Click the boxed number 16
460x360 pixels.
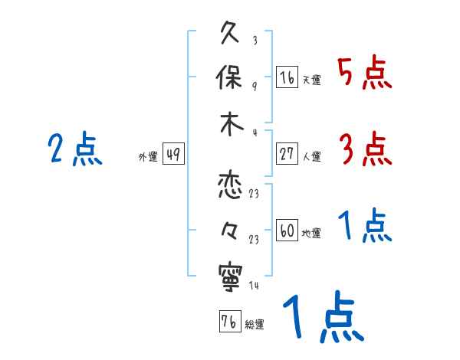pyautogui.click(x=287, y=77)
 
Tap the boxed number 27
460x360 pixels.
pyautogui.click(x=287, y=154)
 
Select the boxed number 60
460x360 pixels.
pyautogui.click(x=287, y=231)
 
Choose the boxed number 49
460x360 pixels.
pyautogui.click(x=173, y=155)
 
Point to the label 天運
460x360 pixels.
pyautogui.click(x=311, y=80)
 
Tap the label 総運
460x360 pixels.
pyautogui.click(x=255, y=324)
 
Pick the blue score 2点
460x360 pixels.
pyautogui.click(x=75, y=149)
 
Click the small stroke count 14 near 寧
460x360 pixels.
pyautogui.click(x=254, y=286)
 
